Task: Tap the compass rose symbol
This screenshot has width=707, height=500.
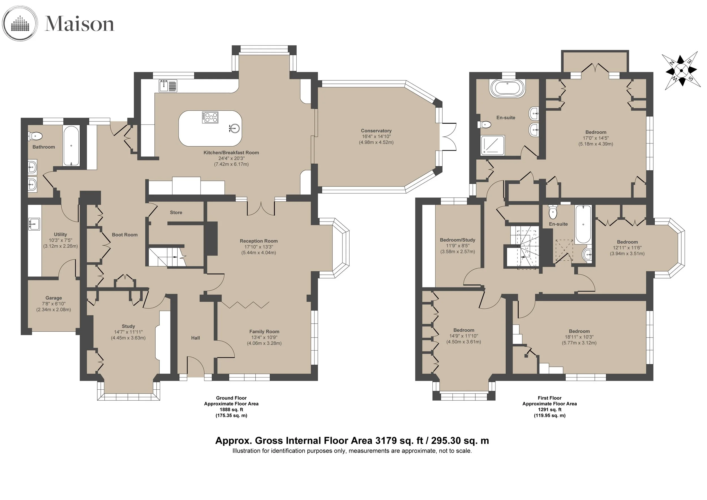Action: pyautogui.click(x=681, y=70)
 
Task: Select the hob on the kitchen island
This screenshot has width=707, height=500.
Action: pyautogui.click(x=210, y=117)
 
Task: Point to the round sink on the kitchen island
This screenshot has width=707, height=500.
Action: pyautogui.click(x=235, y=128)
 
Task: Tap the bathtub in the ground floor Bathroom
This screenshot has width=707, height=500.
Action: pyautogui.click(x=71, y=146)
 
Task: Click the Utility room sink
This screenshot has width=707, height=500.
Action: pyautogui.click(x=34, y=224)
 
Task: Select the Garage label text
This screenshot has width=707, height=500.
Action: pyautogui.click(x=53, y=298)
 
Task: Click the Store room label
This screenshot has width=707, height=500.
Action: pyautogui.click(x=176, y=213)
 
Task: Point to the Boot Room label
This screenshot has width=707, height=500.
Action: pyautogui.click(x=125, y=235)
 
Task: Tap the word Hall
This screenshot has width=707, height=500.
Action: pyautogui.click(x=195, y=338)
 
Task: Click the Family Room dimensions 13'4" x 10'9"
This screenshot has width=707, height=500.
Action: pyautogui.click(x=264, y=337)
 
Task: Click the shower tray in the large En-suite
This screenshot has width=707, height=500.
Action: pyautogui.click(x=493, y=145)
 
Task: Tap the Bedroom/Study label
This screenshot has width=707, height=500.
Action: pyautogui.click(x=458, y=240)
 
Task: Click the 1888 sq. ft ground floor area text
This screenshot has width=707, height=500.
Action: pyautogui.click(x=231, y=409)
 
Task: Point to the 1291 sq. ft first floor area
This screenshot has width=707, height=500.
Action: pyautogui.click(x=550, y=409)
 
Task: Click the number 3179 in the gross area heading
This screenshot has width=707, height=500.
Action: pyautogui.click(x=386, y=441)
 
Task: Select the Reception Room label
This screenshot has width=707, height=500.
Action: pyautogui.click(x=259, y=241)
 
